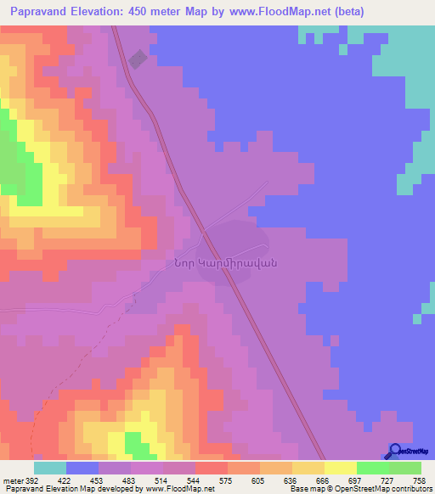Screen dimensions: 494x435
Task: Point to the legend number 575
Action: [x=227, y=480]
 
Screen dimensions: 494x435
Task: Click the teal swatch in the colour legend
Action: [x=50, y=468]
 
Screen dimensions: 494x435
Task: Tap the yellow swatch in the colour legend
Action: [x=340, y=468]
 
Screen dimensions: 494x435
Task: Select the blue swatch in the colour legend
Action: [x=82, y=468]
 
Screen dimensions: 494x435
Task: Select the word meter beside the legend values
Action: [x=11, y=480]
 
